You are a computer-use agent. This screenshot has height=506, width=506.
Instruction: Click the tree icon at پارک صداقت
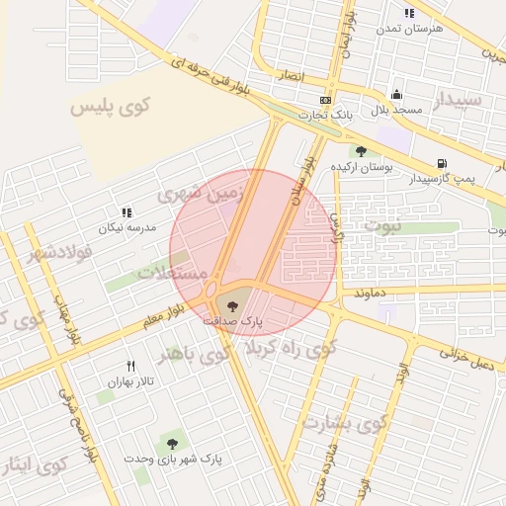[232, 303]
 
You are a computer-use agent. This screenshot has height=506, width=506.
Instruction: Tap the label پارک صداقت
[233, 321]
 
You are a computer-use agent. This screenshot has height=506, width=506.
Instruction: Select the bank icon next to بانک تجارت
[325, 101]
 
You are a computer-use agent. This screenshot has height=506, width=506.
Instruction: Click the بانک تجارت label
[329, 117]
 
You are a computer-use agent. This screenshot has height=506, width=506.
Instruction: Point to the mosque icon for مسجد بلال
[396, 95]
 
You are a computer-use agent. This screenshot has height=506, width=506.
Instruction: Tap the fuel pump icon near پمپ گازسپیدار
[441, 163]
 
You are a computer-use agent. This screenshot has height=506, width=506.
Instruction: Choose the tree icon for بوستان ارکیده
[361, 151]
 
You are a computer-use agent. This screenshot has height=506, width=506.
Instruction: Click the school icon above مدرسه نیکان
[126, 212]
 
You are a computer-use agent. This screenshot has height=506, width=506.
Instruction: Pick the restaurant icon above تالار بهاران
[130, 367]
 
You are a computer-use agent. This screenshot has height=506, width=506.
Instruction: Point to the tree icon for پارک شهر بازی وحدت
[173, 445]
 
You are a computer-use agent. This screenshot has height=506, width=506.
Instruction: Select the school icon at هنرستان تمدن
[409, 13]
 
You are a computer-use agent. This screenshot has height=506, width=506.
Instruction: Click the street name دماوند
[368, 294]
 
